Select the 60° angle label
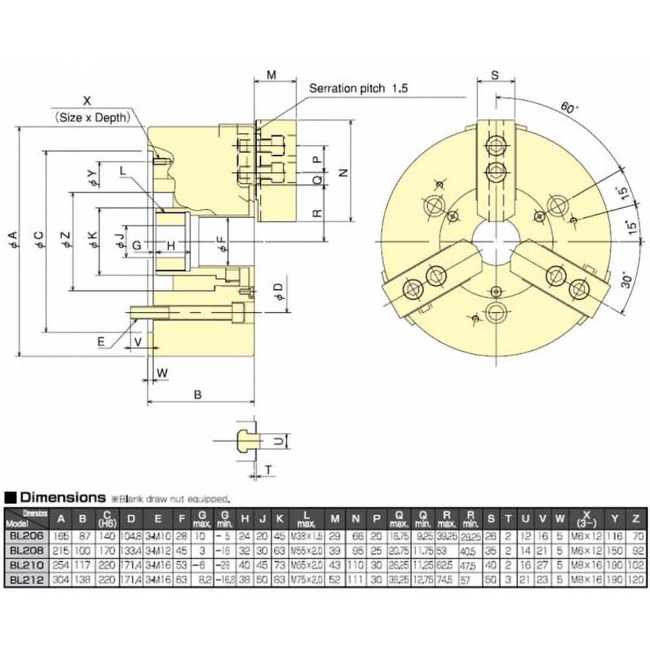point(567,108)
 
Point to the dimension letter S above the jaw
point(495,75)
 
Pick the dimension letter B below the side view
point(200,393)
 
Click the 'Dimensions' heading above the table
point(62,498)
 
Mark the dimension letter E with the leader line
point(101,341)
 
